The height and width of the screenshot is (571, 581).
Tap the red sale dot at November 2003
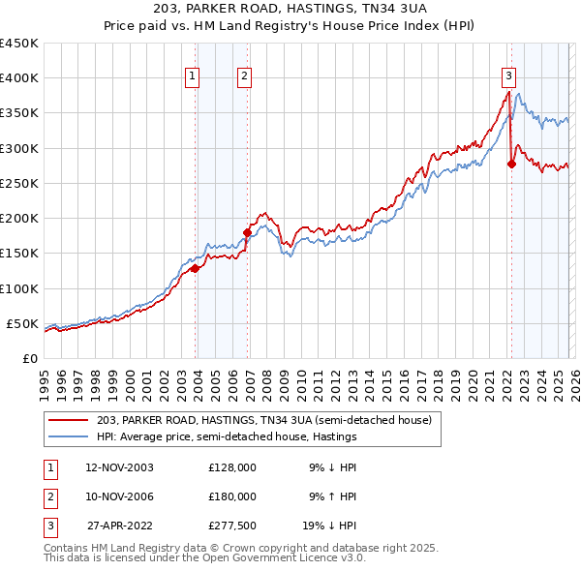pyautogui.click(x=196, y=268)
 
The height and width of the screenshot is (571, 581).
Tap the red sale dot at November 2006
pyautogui.click(x=247, y=232)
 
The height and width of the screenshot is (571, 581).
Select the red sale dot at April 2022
pyautogui.click(x=511, y=164)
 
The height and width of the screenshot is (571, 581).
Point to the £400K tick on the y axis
pyautogui.click(x=19, y=78)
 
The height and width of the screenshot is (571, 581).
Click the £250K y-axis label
pyautogui.click(x=19, y=183)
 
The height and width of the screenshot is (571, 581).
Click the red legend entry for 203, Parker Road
pyautogui.click(x=270, y=419)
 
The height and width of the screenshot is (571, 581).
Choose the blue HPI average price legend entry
pyautogui.click(x=227, y=436)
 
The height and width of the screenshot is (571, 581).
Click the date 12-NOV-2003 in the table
pyautogui.click(x=120, y=467)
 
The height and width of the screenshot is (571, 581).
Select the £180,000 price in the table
pyautogui.click(x=232, y=496)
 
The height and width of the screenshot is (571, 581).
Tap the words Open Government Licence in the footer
pyautogui.click(x=282, y=558)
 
